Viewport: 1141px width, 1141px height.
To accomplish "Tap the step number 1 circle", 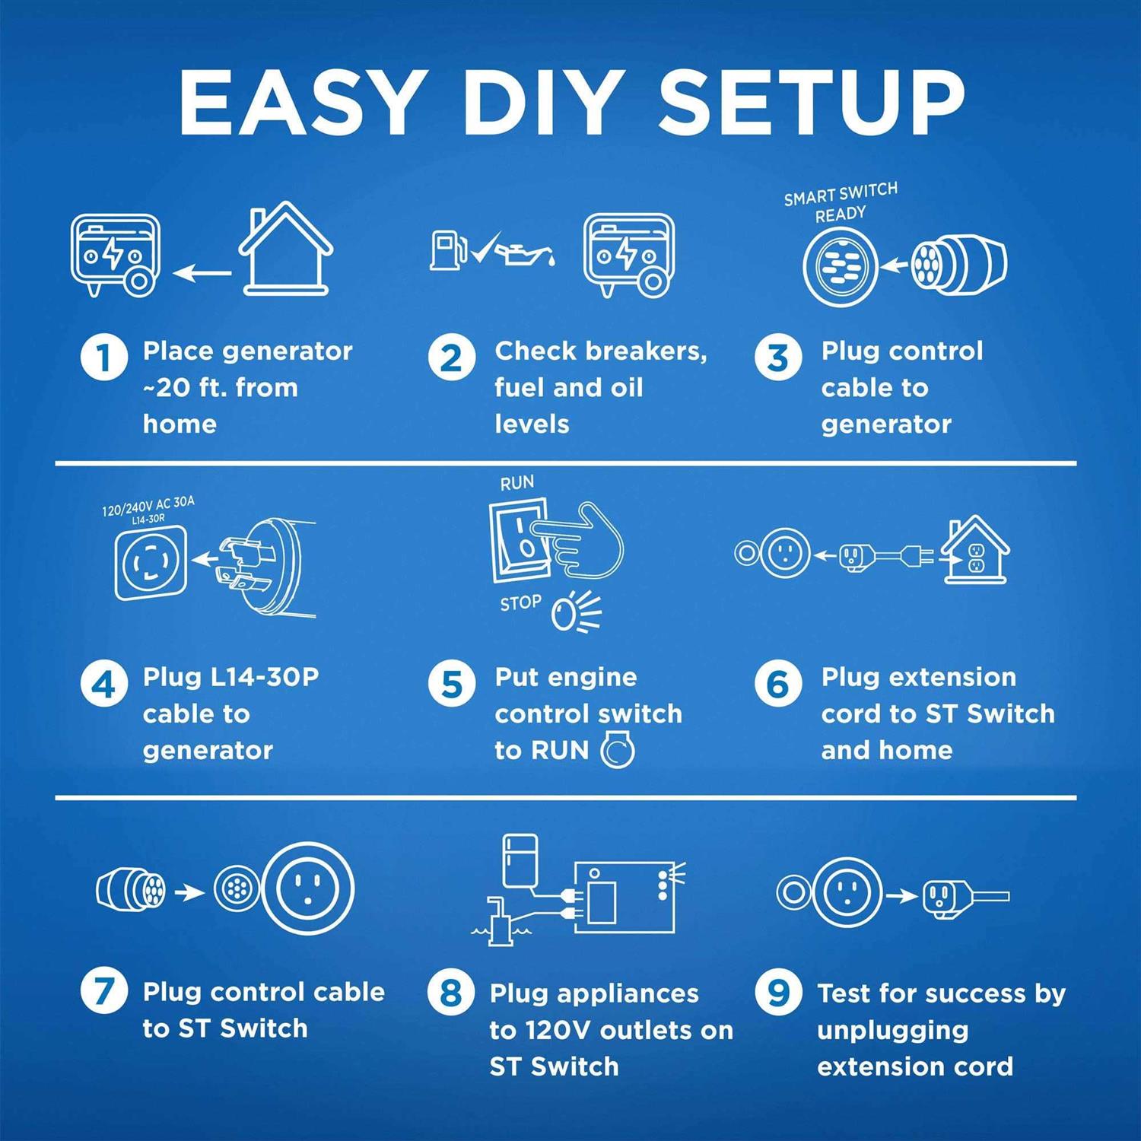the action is pyautogui.click(x=104, y=357).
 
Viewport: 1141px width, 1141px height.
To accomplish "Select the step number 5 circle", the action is pyautogui.click(x=452, y=682).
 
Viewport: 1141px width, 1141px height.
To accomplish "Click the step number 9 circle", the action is pyautogui.click(x=778, y=991).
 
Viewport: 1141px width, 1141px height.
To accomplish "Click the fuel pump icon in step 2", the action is pyautogui.click(x=449, y=250).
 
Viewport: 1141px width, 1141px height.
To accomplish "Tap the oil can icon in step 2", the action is pyautogui.click(x=526, y=251).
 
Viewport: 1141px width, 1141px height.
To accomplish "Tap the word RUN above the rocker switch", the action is pyautogui.click(x=517, y=483).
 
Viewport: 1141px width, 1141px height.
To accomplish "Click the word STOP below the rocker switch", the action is pyautogui.click(x=521, y=603).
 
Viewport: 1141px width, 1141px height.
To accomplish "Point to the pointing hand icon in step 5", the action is pyautogui.click(x=578, y=541).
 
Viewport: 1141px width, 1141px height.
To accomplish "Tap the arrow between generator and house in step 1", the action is pyautogui.click(x=202, y=272).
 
